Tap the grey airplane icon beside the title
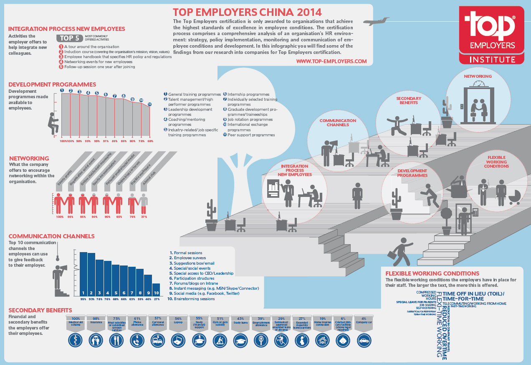[x=376, y=21]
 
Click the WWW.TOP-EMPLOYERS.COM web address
[x=331, y=61]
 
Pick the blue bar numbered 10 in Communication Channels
[x=156, y=290]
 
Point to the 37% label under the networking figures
[x=144, y=217]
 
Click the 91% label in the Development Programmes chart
[x=106, y=141]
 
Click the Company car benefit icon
[x=364, y=340]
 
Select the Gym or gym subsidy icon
[x=219, y=340]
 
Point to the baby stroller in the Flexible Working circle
[x=514, y=198]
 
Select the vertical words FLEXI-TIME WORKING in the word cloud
[x=439, y=326]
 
